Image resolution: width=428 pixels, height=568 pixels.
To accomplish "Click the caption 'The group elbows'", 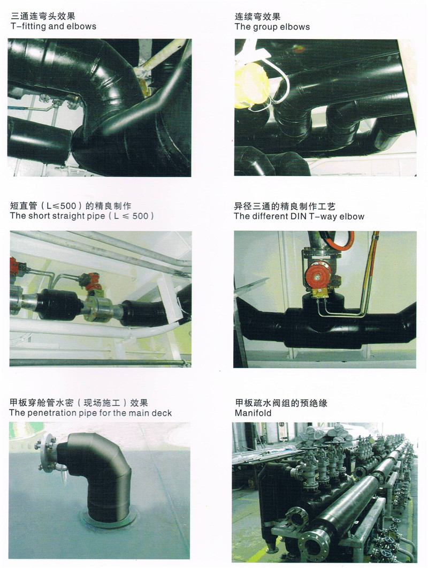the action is [272, 27].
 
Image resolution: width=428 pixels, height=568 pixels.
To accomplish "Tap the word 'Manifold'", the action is [253, 413].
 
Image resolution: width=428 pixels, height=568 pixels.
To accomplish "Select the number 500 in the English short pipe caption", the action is [140, 216].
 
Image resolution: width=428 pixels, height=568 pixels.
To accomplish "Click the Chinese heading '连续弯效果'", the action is [257, 16].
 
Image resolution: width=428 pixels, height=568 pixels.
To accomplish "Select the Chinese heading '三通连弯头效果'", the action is [43, 16].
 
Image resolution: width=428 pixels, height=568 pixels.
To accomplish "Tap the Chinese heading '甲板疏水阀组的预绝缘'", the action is [281, 403].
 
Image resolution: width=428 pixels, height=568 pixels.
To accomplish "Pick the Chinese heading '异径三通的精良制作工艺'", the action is [285, 207].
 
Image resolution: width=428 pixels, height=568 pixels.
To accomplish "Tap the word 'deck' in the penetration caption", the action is [162, 413].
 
